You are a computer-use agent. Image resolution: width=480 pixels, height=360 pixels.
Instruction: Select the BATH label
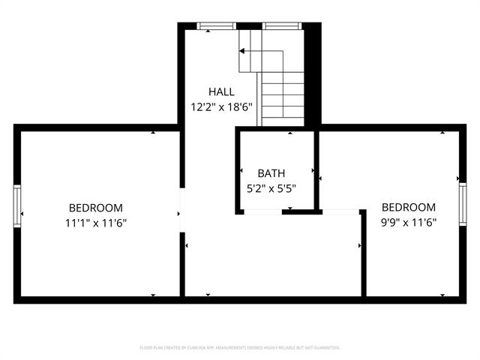tap(271, 173)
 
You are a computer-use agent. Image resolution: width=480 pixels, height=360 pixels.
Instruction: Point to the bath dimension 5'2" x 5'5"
tap(271, 188)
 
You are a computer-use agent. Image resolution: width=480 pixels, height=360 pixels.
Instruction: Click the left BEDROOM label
tap(95, 208)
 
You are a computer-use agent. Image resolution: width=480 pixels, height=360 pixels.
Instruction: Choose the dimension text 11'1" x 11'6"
tap(95, 223)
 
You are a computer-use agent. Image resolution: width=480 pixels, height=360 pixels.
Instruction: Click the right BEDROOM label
tap(408, 208)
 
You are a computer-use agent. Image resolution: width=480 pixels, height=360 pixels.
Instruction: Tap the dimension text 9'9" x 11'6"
tap(408, 223)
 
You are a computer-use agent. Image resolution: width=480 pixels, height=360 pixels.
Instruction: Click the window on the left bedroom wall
tap(16, 205)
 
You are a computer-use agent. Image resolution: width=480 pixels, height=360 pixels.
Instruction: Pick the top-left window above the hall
tap(216, 26)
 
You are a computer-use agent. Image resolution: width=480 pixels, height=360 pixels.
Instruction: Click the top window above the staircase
tap(283, 26)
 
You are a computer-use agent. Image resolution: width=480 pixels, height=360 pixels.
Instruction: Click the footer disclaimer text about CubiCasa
tap(240, 348)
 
